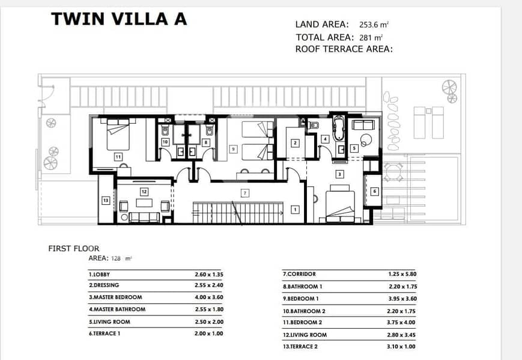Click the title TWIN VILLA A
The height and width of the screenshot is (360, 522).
click(119, 19)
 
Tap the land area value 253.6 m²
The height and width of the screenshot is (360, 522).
click(374, 25)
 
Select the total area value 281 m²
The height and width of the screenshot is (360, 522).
click(371, 38)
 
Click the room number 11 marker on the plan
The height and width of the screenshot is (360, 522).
click(118, 156)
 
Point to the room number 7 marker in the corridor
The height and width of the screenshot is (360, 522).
click(245, 193)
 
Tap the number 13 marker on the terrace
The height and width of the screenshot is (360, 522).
click(106, 201)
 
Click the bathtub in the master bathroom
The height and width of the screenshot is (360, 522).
click(339, 128)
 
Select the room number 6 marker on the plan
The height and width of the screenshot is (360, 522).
click(374, 191)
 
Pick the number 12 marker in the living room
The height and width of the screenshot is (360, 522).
click(144, 192)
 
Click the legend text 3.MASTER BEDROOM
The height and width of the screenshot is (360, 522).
click(115, 297)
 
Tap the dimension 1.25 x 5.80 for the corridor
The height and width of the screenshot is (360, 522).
click(402, 274)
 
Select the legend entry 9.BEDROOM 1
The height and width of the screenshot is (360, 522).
click(300, 299)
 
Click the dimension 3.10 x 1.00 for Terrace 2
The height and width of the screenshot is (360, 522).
click(401, 346)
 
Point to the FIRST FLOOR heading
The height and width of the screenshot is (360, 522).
click(73, 248)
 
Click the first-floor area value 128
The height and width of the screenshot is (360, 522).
click(116, 258)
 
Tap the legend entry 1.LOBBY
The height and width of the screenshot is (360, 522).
click(99, 275)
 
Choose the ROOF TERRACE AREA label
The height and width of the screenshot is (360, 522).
click(344, 49)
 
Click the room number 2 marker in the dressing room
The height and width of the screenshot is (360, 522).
click(295, 143)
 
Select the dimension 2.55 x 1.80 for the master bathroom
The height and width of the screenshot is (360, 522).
click(209, 310)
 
